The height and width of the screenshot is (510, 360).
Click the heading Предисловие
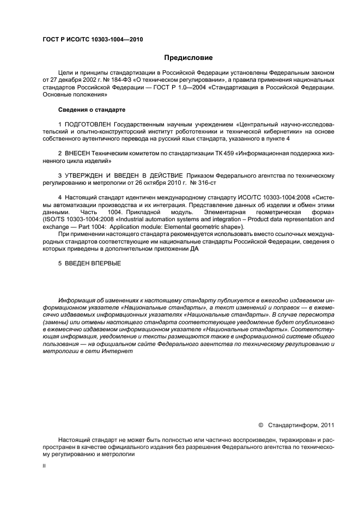click(188, 58)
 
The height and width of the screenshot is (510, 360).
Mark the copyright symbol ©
click(260, 424)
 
